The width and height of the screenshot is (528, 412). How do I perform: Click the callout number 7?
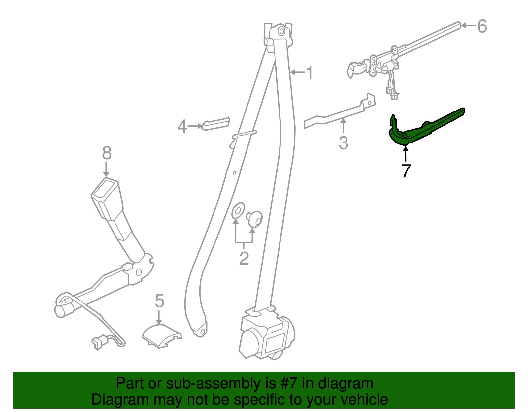406,171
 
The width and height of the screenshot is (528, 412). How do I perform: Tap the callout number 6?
482,26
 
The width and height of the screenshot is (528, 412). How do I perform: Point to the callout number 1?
309,73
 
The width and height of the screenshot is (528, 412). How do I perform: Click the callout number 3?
343,143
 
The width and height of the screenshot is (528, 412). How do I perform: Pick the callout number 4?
182,127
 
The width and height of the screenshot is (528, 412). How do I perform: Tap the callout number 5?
159,301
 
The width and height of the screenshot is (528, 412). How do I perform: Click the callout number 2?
244,258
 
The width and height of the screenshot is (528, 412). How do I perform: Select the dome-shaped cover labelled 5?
161,335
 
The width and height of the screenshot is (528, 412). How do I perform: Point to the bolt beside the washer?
254,218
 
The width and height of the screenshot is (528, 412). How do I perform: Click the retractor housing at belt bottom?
266,336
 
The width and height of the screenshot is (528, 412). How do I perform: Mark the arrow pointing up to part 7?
406,154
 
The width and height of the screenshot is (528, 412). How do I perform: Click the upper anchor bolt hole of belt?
281,31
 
